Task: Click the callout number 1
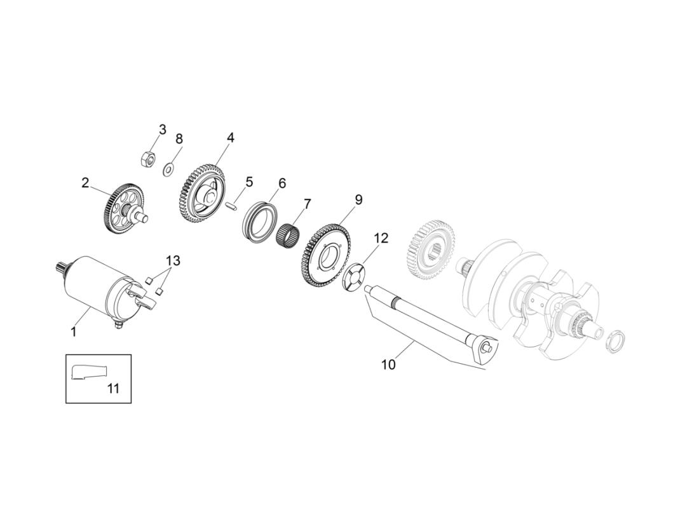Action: coord(74,331)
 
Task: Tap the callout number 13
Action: coord(173,260)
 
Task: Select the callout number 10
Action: coord(388,364)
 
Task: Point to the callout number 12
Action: coord(381,238)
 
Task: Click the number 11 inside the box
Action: coord(112,388)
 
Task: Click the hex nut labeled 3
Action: coord(146,159)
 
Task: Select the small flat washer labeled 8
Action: coord(169,169)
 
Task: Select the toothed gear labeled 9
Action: coord(328,255)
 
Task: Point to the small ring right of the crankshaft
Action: coord(614,341)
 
